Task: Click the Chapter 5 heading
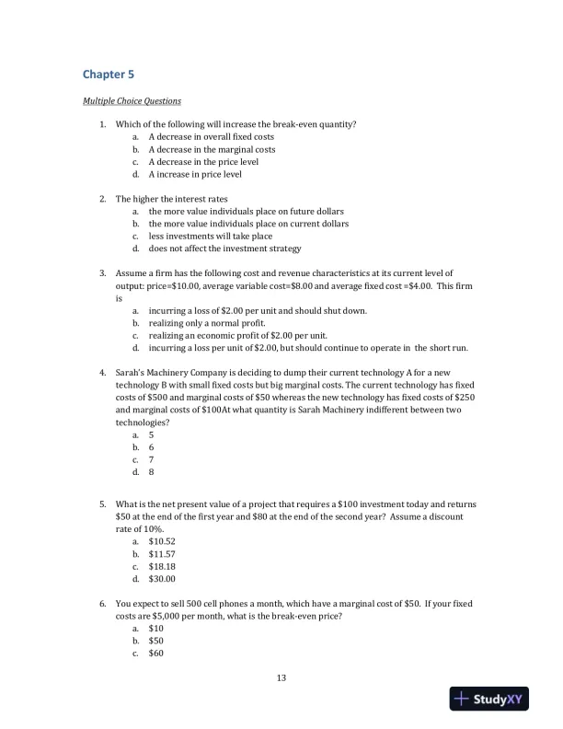pyautogui.click(x=109, y=74)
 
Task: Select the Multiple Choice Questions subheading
pyautogui.click(x=132, y=100)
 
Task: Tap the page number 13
pyautogui.click(x=281, y=678)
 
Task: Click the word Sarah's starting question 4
pyautogui.click(x=131, y=372)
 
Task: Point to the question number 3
pyautogui.click(x=103, y=273)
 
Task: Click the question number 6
pyautogui.click(x=103, y=604)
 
